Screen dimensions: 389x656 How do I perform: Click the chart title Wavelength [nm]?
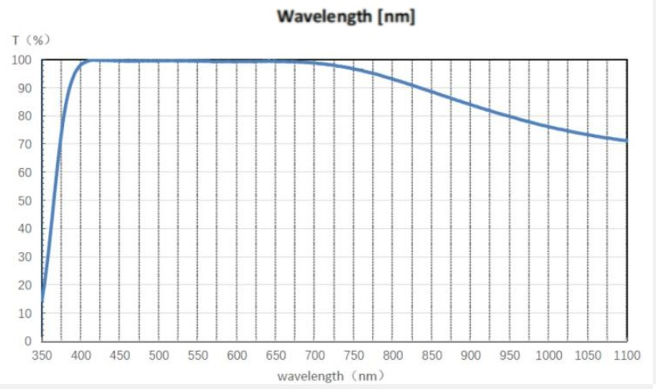[346, 17]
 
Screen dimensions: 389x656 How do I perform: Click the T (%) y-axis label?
[32, 40]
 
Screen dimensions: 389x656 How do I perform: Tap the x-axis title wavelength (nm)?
[331, 376]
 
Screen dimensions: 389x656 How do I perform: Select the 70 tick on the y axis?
[25, 144]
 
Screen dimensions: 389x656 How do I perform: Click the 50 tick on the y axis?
[25, 200]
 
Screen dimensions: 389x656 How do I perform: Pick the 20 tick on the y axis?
[25, 285]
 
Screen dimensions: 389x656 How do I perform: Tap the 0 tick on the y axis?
[28, 341]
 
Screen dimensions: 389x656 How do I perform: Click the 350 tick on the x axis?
[41, 356]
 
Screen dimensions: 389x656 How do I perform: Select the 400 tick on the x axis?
[81, 356]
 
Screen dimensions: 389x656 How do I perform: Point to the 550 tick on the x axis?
[198, 356]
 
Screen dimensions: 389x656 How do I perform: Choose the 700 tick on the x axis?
[315, 356]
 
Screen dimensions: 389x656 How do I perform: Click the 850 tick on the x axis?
[432, 356]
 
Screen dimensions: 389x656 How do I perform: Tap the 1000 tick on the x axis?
[548, 356]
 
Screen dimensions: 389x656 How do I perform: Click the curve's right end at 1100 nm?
[626, 140]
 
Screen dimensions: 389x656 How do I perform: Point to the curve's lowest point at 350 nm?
[42, 302]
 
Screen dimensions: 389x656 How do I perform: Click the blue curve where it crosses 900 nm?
[471, 105]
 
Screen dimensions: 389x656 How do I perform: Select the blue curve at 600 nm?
[237, 61]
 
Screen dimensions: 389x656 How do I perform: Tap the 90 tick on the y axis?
[25, 88]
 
